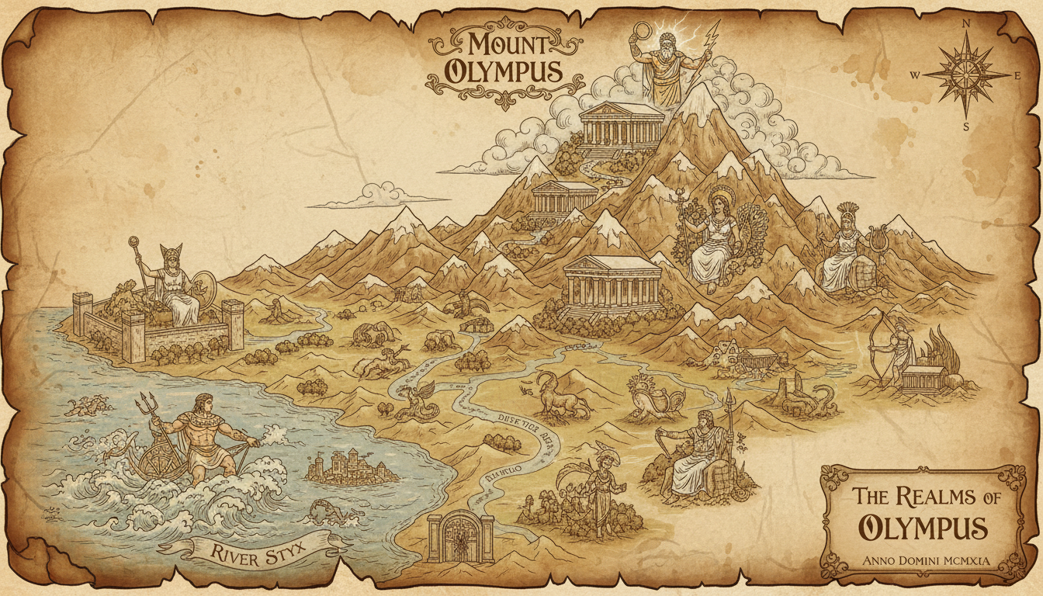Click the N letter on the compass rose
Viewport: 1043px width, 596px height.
(966, 23)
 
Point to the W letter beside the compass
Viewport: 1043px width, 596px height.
(915, 75)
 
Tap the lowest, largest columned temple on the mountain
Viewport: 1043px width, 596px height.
(612, 282)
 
